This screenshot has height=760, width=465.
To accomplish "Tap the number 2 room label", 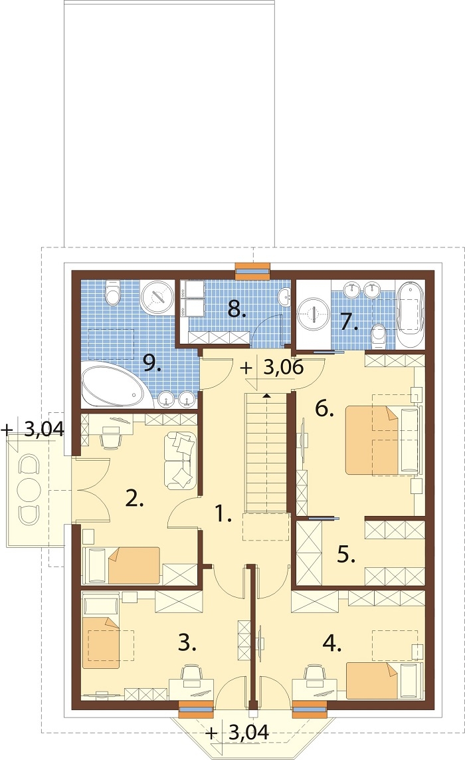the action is tap(134, 499).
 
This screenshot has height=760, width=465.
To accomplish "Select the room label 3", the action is tap(187, 643).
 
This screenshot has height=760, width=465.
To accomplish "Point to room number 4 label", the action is tap(332, 643).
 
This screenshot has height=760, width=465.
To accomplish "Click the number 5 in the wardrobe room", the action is tap(346, 555).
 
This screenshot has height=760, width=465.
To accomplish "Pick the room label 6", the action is tap(325, 410).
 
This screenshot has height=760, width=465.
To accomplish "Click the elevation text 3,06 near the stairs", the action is tap(284, 368).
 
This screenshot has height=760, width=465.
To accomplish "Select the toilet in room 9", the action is tap(112, 293).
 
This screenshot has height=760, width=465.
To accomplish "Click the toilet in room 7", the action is tap(379, 335).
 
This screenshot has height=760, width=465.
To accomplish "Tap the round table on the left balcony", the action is tap(29, 489).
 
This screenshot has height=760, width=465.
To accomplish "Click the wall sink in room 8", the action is tap(284, 296).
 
